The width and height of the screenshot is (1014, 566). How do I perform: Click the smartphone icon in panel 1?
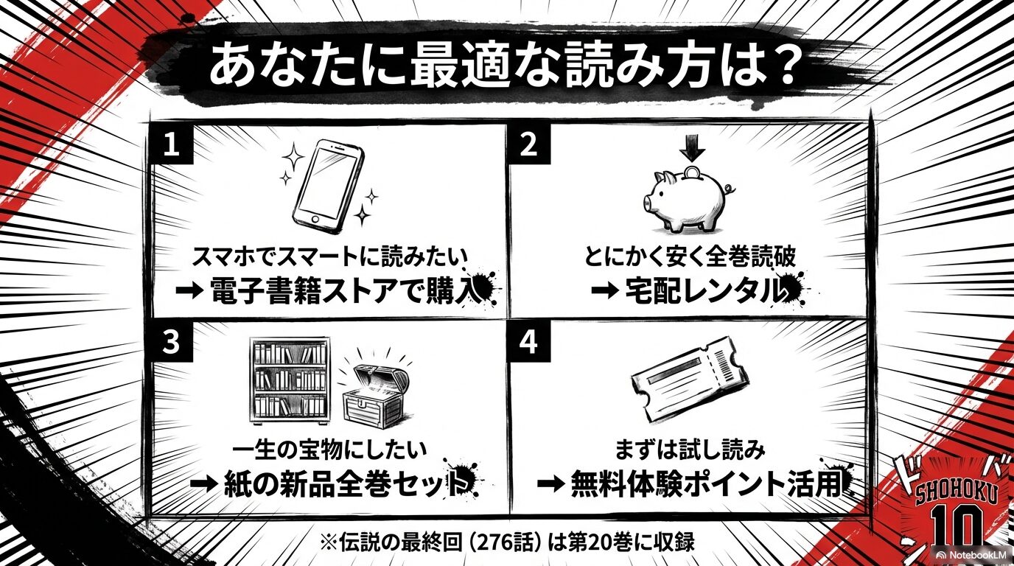click(x=328, y=185)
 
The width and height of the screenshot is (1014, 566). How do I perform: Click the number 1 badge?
click(x=172, y=144)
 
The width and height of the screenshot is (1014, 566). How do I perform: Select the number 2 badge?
click(x=528, y=144)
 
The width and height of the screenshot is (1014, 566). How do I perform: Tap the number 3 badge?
click(x=172, y=343)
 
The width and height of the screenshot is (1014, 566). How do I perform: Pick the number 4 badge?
click(x=528, y=343)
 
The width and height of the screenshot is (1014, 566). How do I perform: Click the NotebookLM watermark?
click(x=972, y=553)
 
